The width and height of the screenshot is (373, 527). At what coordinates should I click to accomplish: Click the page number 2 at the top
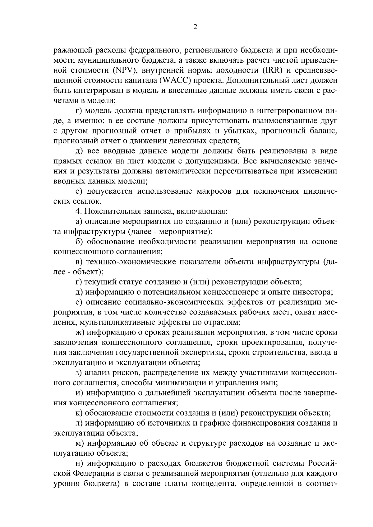point(195,27)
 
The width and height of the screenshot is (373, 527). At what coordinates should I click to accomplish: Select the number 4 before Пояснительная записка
point(78,212)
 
